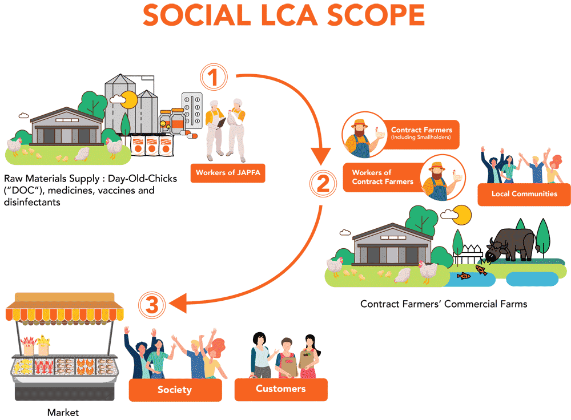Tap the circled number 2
click(x=323, y=184)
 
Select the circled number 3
click(x=151, y=306)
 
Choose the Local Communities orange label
click(x=524, y=194)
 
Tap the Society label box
click(x=175, y=390)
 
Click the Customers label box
click(x=281, y=389)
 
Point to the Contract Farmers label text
click(x=421, y=130)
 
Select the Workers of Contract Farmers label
click(x=383, y=177)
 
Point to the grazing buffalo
click(x=511, y=243)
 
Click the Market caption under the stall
click(x=63, y=412)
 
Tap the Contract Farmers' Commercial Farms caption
click(x=444, y=304)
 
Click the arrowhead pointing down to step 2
click(x=321, y=154)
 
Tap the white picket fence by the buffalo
click(x=468, y=253)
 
